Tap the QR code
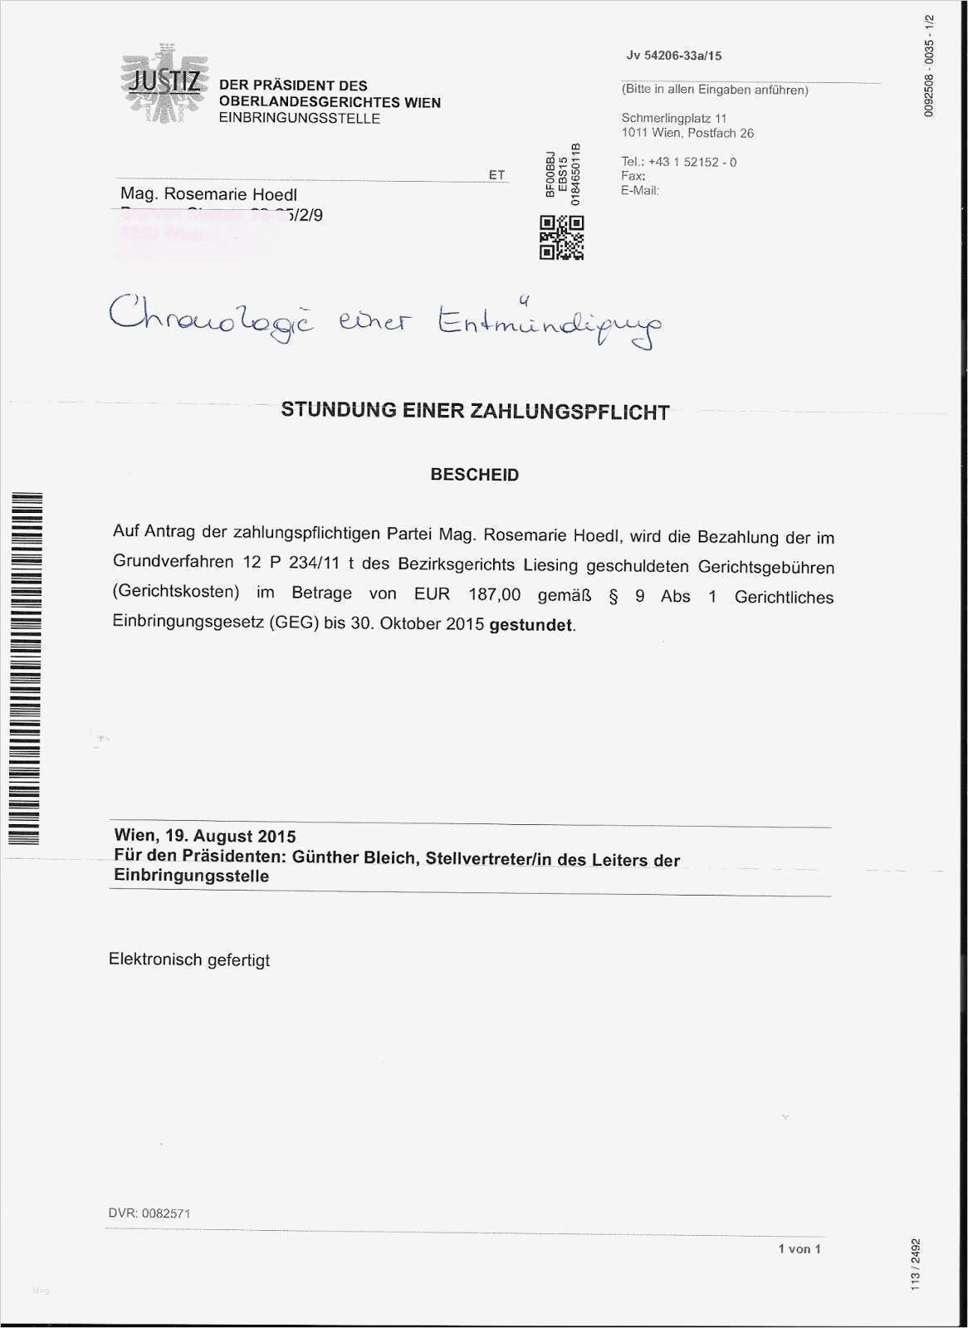(562, 237)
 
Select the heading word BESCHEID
(474, 476)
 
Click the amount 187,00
(494, 595)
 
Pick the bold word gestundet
(531, 625)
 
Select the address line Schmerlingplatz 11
(674, 119)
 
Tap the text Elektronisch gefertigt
(189, 960)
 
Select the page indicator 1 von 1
(799, 1249)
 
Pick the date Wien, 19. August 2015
(204, 836)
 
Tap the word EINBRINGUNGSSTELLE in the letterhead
(299, 119)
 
